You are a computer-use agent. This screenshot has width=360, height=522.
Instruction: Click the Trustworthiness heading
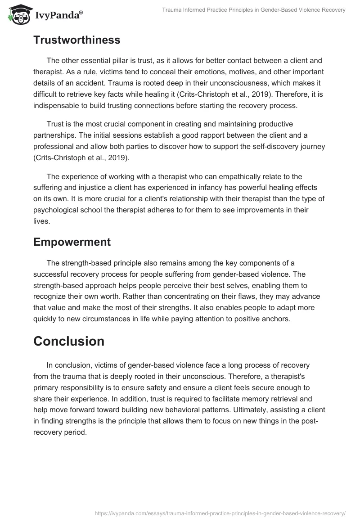[x=77, y=40]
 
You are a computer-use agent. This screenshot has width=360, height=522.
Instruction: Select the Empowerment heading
[x=72, y=242]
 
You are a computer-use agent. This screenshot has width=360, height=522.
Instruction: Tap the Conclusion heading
[x=69, y=342]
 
